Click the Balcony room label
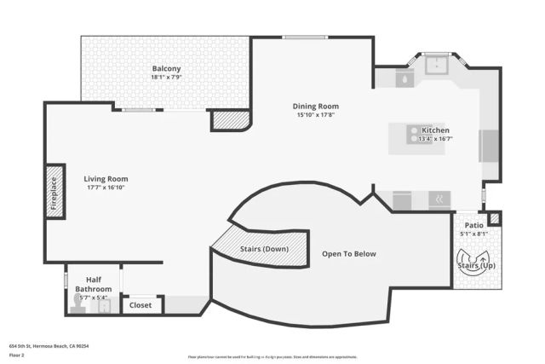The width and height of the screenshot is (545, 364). point(166,68)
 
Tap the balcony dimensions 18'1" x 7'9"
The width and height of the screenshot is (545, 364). point(166,78)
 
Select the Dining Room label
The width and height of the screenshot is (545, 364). point(317,106)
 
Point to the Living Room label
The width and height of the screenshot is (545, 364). point(106,179)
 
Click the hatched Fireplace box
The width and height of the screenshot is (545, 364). point(55,193)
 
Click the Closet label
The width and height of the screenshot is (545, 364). point(140,304)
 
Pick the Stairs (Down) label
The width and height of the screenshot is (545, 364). point(264,249)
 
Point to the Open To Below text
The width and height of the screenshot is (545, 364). point(348,254)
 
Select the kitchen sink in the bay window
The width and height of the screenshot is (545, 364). point(438,64)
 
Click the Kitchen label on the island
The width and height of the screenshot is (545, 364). point(435,130)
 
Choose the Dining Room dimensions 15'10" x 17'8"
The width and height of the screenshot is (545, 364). point(317,115)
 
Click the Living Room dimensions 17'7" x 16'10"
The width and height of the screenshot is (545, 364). point(106,188)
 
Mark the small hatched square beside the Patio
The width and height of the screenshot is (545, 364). point(496,219)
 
